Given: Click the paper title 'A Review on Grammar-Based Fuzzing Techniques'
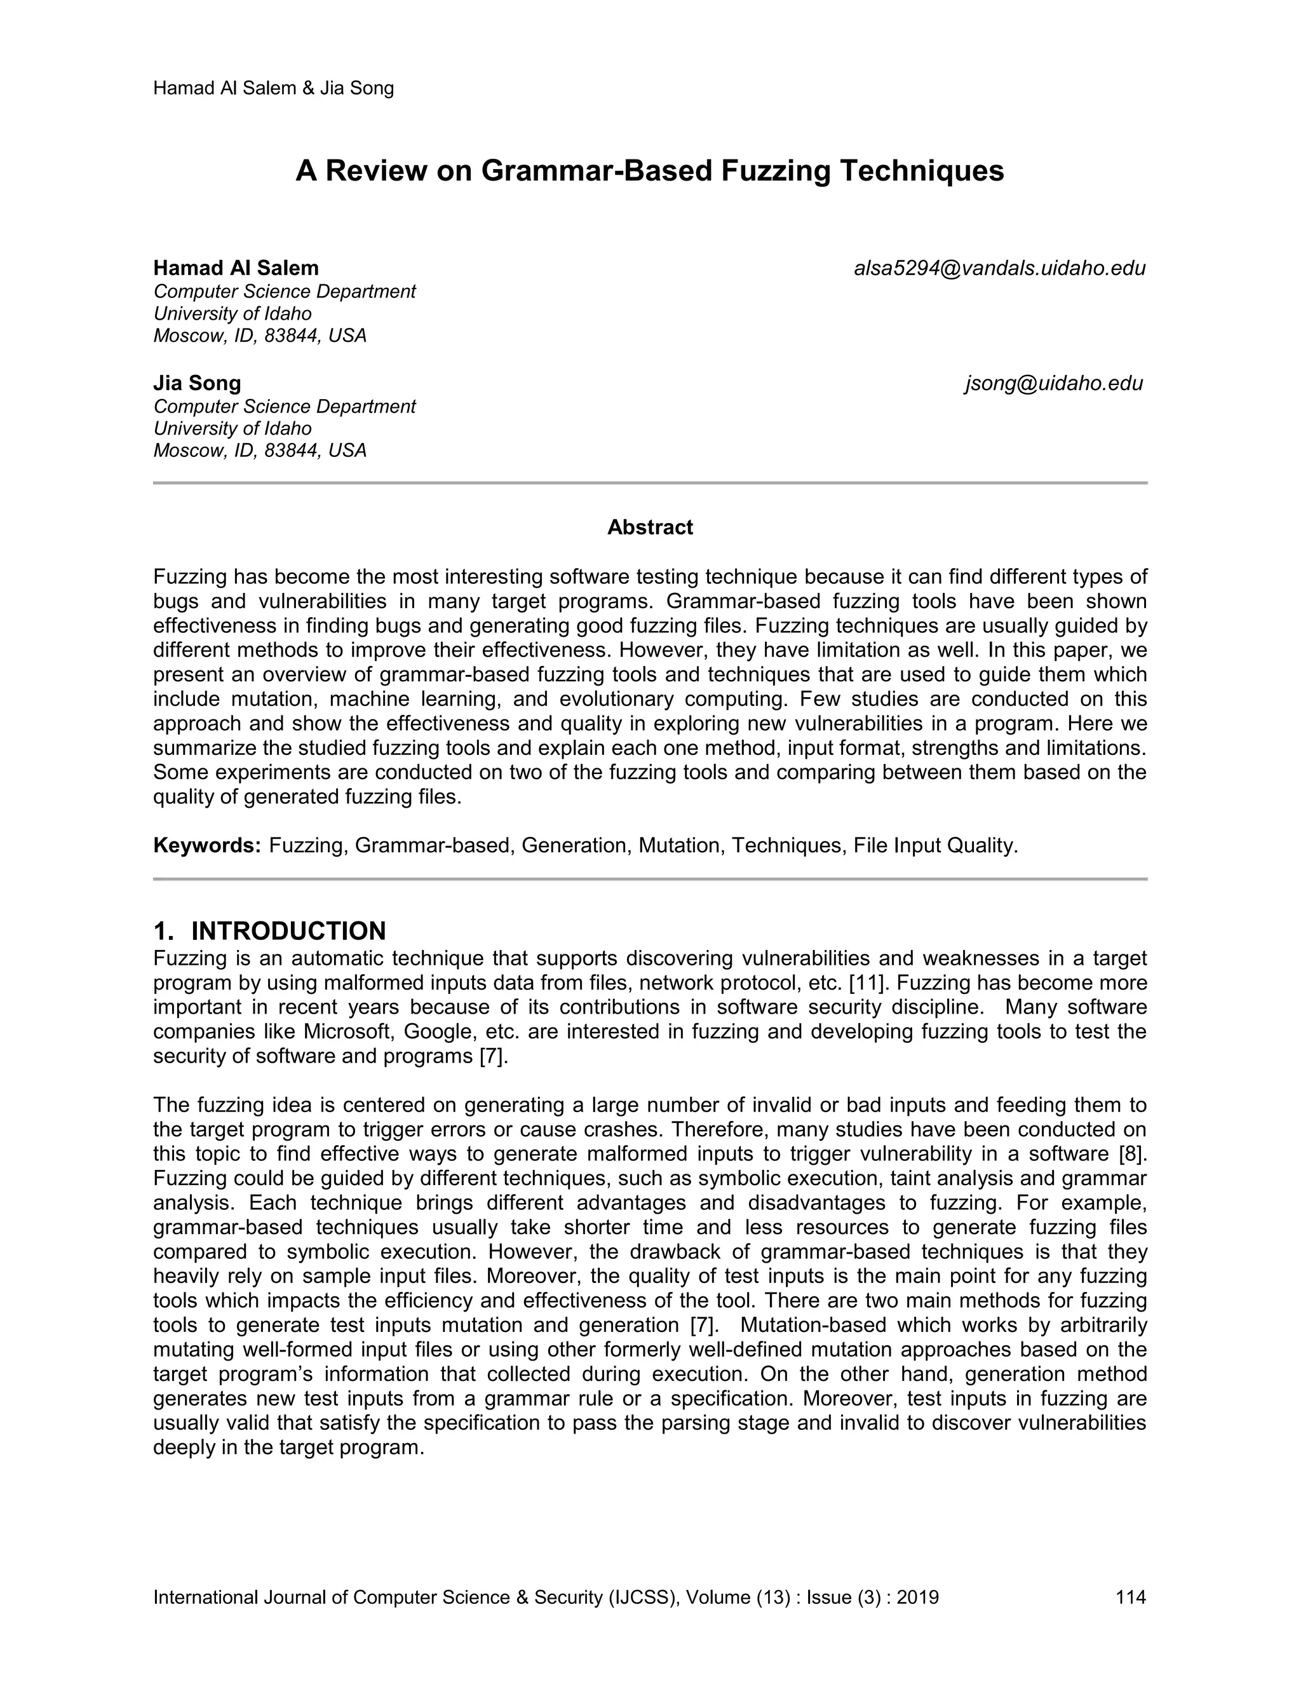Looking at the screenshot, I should pyautogui.click(x=650, y=170).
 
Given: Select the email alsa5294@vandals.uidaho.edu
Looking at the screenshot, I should pyautogui.click(x=1000, y=268).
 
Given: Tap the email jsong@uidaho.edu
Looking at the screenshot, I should pyautogui.click(x=1054, y=383).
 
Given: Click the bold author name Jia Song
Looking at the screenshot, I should pyautogui.click(x=198, y=383).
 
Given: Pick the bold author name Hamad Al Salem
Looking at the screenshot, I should pyautogui.click(x=236, y=268).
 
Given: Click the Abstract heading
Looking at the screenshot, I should pyautogui.click(x=650, y=527).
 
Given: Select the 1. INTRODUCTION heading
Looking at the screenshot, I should pyautogui.click(x=270, y=931).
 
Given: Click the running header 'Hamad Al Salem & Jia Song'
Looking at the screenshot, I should pyautogui.click(x=274, y=88).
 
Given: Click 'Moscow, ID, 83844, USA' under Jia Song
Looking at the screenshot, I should pyautogui.click(x=260, y=451).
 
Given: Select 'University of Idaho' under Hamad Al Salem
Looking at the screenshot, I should pyautogui.click(x=233, y=314).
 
